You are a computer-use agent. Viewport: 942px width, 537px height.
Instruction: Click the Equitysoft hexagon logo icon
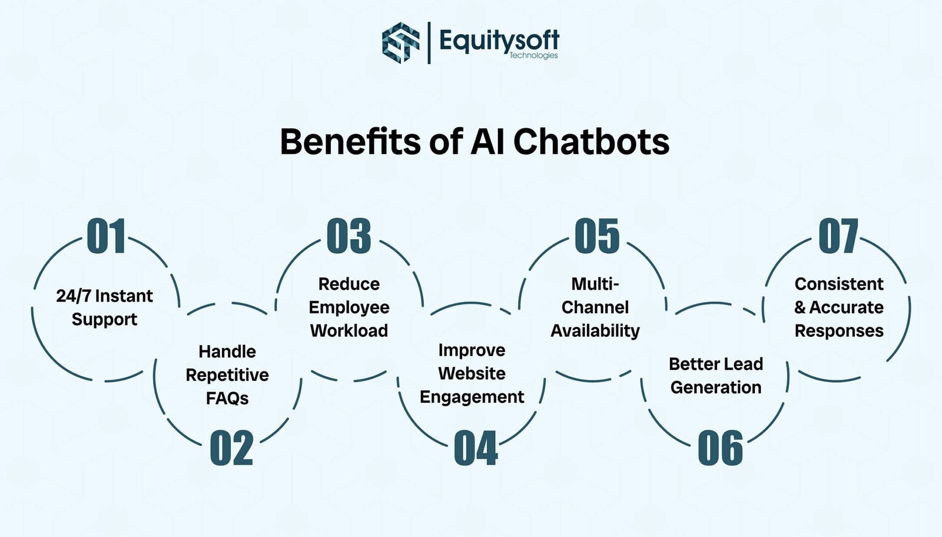401,42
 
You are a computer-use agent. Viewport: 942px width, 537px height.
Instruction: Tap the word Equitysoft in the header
499,40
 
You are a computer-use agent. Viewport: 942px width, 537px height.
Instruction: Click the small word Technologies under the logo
533,55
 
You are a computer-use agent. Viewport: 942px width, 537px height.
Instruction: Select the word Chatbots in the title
591,142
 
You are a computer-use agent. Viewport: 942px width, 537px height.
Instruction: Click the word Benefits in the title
350,142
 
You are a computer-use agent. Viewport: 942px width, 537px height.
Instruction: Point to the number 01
107,236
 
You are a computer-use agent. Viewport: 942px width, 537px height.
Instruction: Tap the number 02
231,449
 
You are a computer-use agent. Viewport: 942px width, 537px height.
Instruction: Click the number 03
349,236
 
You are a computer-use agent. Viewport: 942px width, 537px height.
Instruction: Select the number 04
476,449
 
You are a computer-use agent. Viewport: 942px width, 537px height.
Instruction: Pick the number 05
597,236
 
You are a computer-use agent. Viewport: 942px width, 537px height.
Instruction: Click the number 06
720,449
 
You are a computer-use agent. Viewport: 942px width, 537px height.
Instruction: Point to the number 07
838,236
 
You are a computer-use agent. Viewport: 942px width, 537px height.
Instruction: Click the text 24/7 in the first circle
74,296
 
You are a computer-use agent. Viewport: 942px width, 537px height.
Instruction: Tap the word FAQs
227,399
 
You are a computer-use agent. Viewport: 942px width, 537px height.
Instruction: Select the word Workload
349,331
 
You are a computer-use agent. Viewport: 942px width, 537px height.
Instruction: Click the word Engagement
472,397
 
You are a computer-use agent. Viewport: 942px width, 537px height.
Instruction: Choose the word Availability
595,331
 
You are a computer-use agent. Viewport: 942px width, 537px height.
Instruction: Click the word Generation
716,387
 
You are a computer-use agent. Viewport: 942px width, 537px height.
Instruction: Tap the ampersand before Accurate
800,307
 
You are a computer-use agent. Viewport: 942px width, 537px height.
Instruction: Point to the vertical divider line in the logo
429,42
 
